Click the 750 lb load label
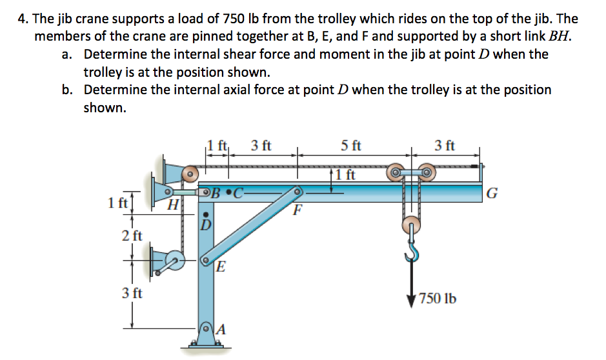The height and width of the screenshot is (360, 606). pyautogui.click(x=438, y=299)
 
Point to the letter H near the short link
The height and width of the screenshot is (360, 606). pyautogui.click(x=172, y=206)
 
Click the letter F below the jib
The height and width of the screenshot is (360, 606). pyautogui.click(x=298, y=210)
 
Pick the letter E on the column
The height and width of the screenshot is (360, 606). pyautogui.click(x=220, y=267)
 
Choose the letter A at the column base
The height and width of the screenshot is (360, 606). pyautogui.click(x=221, y=329)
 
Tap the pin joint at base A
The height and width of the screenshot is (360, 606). pyautogui.click(x=207, y=330)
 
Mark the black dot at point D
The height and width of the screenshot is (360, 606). pyautogui.click(x=206, y=215)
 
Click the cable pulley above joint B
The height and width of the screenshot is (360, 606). pyautogui.click(x=189, y=173)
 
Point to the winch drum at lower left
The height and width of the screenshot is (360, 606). pyautogui.click(x=172, y=262)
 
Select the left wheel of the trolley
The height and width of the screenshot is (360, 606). pyautogui.click(x=396, y=174)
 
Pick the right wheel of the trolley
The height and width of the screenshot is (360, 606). pyautogui.click(x=427, y=174)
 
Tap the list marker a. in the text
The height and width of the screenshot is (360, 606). pyautogui.click(x=68, y=55)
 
